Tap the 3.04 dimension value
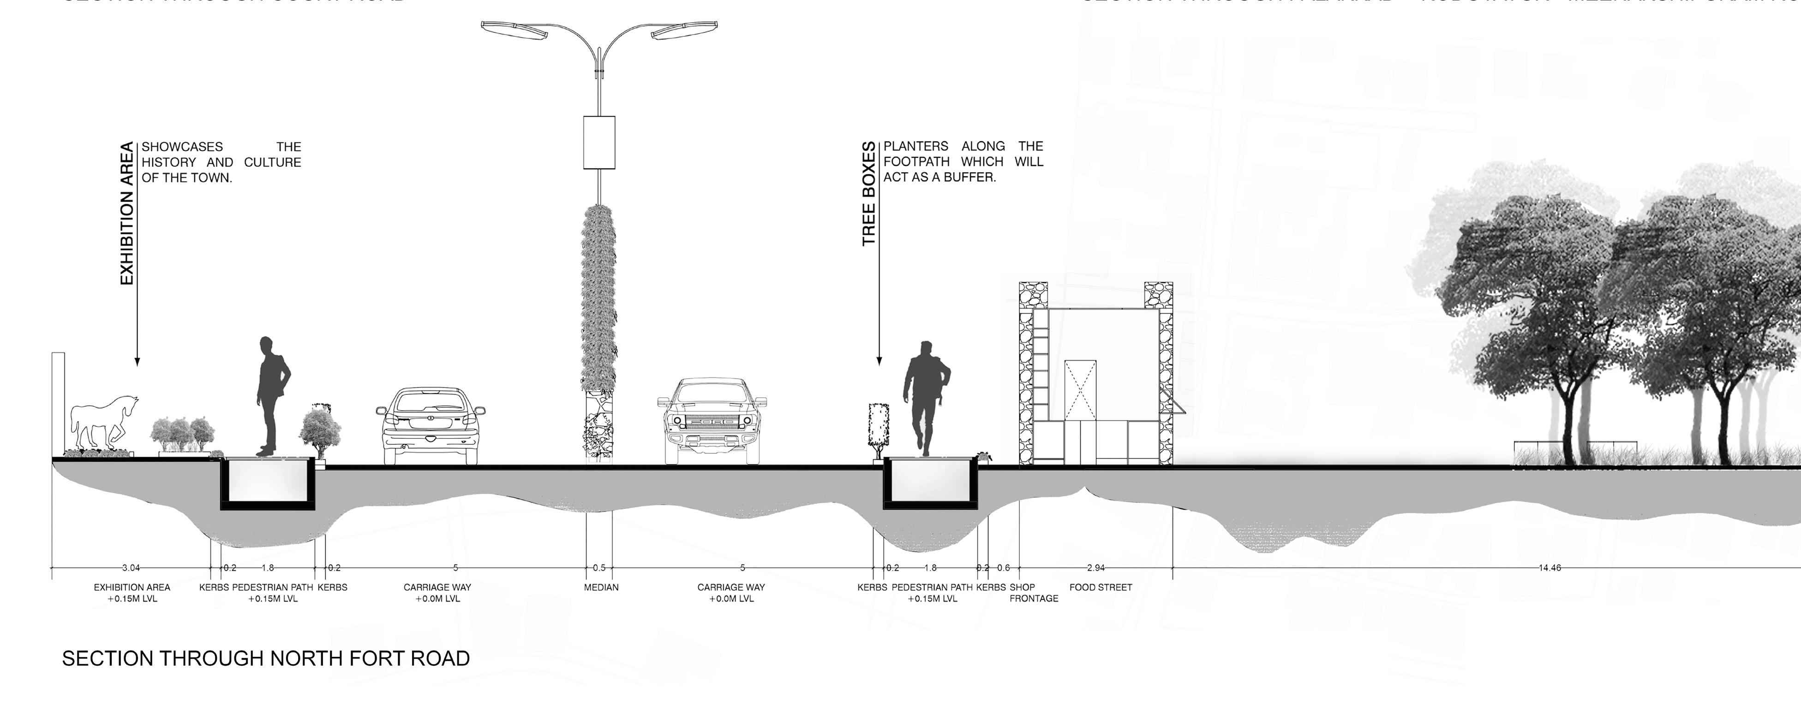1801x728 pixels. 130,568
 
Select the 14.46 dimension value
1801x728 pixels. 1550,568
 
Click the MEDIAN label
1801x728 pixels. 601,587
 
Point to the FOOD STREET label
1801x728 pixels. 1101,587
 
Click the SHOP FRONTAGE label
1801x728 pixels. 1033,593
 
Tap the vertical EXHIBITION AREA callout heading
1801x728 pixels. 126,213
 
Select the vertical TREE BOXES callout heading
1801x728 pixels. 868,194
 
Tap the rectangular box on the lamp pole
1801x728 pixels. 599,143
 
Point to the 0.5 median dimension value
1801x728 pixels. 599,568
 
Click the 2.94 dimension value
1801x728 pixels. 1095,568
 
